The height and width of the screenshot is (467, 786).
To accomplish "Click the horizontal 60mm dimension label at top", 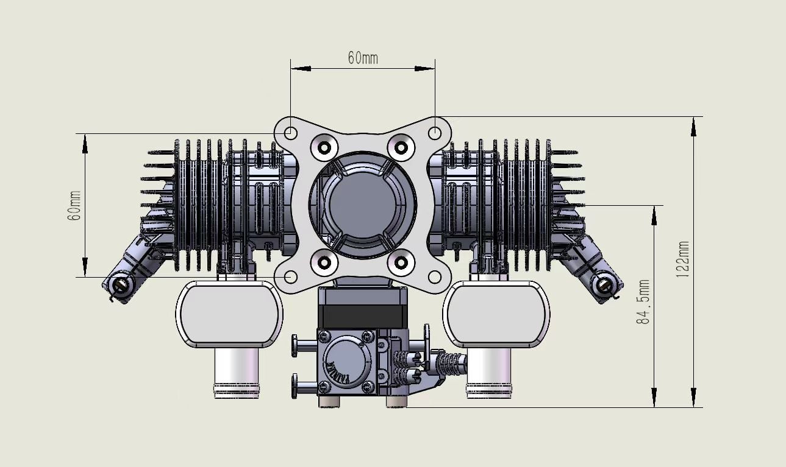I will click(x=363, y=58).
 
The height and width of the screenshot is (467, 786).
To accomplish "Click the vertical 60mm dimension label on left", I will click(x=74, y=205).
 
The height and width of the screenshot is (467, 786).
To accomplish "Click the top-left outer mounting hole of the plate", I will click(x=291, y=133).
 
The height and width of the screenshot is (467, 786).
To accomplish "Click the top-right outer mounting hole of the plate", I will click(x=435, y=133).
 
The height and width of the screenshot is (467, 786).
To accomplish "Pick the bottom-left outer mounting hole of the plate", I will click(x=291, y=277).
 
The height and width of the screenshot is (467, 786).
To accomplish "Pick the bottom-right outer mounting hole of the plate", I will click(x=435, y=277).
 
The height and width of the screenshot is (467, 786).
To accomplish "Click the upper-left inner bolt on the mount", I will click(x=324, y=146).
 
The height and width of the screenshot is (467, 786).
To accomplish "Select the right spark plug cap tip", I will click(x=605, y=284).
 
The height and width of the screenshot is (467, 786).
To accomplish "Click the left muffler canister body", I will click(x=229, y=314).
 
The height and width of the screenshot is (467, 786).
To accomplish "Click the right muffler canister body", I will click(x=495, y=314).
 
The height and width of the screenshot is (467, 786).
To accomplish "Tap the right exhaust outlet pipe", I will click(x=488, y=374).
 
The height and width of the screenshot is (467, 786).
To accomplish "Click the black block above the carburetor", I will click(x=362, y=315).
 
